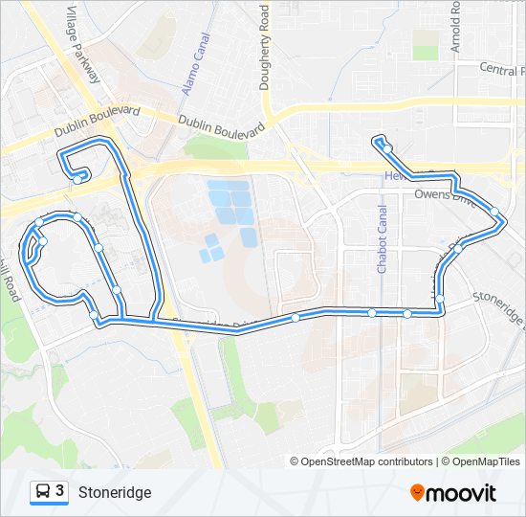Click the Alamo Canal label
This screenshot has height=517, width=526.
(x=195, y=65)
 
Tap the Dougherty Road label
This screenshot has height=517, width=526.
(x=265, y=46)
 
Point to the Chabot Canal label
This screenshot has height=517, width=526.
(x=382, y=239)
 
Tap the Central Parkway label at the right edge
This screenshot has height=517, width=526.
(x=501, y=70)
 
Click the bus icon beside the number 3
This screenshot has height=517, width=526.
(x=43, y=492)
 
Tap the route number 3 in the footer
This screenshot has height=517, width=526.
(x=60, y=491)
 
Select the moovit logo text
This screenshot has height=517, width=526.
(x=462, y=493)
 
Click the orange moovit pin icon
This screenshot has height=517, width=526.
(x=418, y=493)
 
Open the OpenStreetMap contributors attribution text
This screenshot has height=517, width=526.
(x=367, y=461)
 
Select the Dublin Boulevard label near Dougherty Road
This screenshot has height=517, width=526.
(x=219, y=126)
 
